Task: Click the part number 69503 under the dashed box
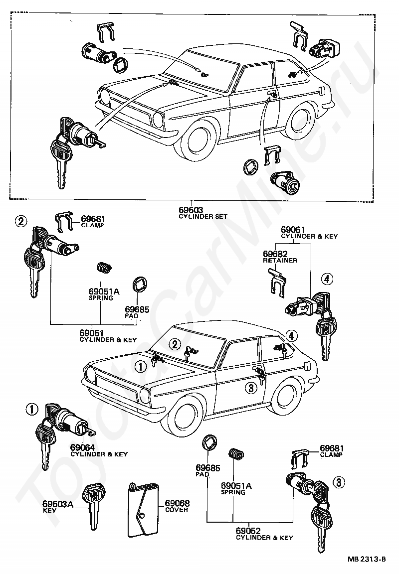(x=191, y=210)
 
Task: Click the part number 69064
(x=82, y=447)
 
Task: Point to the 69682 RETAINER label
(x=280, y=257)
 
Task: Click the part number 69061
(x=293, y=230)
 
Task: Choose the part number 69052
(x=248, y=531)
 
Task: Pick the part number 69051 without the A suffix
(x=92, y=333)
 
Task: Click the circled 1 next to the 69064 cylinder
(x=32, y=410)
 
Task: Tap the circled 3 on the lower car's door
(x=251, y=388)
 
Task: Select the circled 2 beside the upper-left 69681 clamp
(x=21, y=221)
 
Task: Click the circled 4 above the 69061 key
(x=327, y=280)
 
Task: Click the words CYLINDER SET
(x=203, y=216)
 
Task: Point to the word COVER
(x=177, y=510)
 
